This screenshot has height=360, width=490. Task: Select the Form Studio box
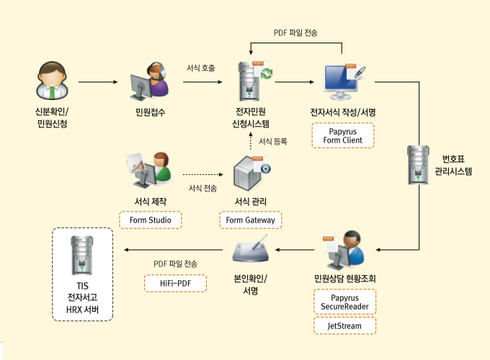pos(150,220)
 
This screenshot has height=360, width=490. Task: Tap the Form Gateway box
pos(251,220)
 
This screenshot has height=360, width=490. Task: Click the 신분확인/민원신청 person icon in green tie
pos(53,81)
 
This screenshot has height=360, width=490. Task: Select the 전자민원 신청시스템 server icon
pos(250,81)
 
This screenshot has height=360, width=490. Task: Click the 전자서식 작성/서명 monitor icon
pos(343,82)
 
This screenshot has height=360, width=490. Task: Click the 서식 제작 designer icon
pos(149,171)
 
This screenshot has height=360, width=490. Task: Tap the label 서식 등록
pos(273,141)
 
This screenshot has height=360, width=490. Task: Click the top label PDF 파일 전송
pos(295,33)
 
